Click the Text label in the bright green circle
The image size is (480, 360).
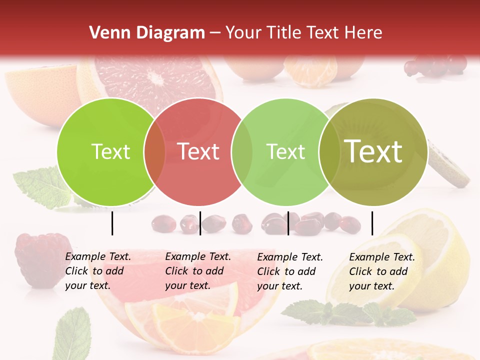point(110,151)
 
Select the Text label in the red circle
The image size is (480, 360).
point(198,151)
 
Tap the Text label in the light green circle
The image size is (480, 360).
point(285,151)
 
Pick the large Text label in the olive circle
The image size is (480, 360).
point(373,151)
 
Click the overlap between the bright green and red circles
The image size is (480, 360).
point(154,152)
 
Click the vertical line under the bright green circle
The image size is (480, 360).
point(112,223)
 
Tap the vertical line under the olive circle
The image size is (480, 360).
point(372,223)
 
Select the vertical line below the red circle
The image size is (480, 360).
point(200,223)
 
